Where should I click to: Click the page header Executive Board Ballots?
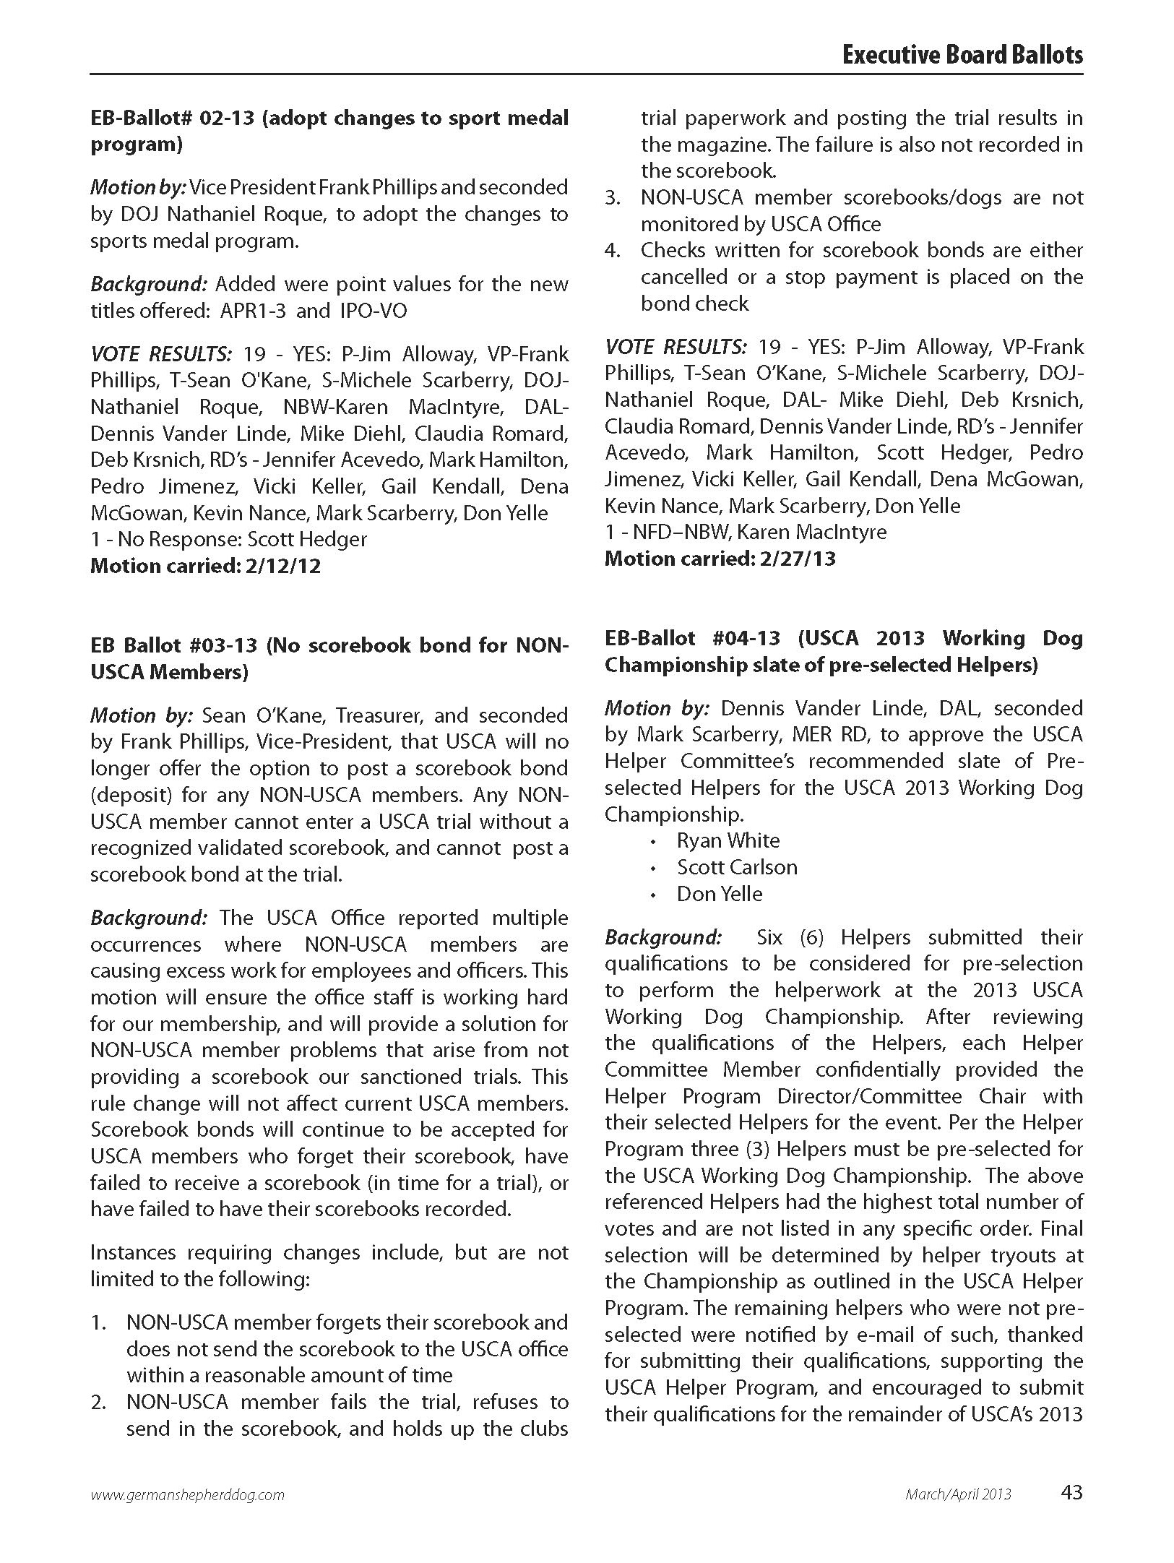point(962,56)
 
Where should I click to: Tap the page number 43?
point(1072,1491)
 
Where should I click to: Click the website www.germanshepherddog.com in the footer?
point(187,1494)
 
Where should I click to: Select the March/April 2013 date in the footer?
point(958,1494)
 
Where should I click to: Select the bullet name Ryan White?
point(728,840)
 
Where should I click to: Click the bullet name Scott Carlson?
point(737,867)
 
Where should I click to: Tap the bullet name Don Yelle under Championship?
point(720,894)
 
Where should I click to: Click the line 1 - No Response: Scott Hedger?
point(228,539)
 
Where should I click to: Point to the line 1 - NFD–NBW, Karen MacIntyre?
point(746,532)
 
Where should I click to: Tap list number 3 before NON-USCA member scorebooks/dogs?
point(613,198)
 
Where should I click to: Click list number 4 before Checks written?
point(613,251)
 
